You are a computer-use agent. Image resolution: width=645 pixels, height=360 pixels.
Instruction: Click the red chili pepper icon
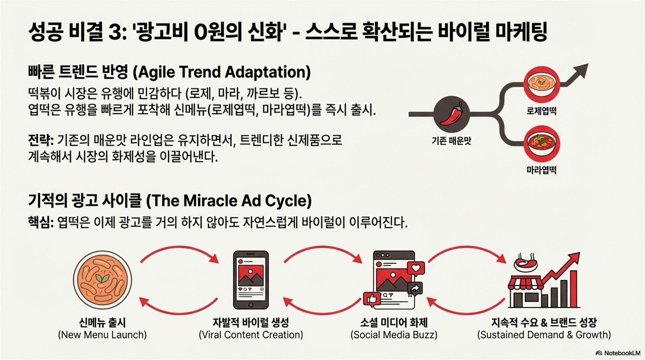pos(452,114)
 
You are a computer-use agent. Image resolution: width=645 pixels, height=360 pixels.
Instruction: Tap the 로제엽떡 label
pos(541,111)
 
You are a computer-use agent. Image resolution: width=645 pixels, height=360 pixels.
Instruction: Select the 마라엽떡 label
pos(541,170)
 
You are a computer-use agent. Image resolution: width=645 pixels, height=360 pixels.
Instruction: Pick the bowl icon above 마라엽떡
pos(541,143)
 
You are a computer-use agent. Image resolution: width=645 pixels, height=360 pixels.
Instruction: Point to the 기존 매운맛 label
pos(451,141)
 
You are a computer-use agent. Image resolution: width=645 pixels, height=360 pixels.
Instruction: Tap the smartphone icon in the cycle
pos(251,280)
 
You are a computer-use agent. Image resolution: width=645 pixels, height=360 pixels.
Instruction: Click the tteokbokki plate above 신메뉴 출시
pos(102,280)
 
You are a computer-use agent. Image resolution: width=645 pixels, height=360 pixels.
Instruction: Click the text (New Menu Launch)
pos(102,335)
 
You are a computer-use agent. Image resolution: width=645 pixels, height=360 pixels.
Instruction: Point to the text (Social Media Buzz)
pos(394,335)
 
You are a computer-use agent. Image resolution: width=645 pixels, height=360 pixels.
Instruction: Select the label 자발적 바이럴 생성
pos(251,322)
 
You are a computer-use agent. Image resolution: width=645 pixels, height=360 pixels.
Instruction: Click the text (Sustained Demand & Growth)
pos(544,335)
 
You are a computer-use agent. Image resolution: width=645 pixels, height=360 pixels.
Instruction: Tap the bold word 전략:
pos(41,140)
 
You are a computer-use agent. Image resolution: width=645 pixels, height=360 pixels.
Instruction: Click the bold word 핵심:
pos(41,223)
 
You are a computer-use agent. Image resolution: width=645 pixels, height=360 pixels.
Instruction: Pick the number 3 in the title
pos(115,32)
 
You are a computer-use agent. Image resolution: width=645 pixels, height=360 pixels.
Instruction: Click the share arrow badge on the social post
pos(415,289)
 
